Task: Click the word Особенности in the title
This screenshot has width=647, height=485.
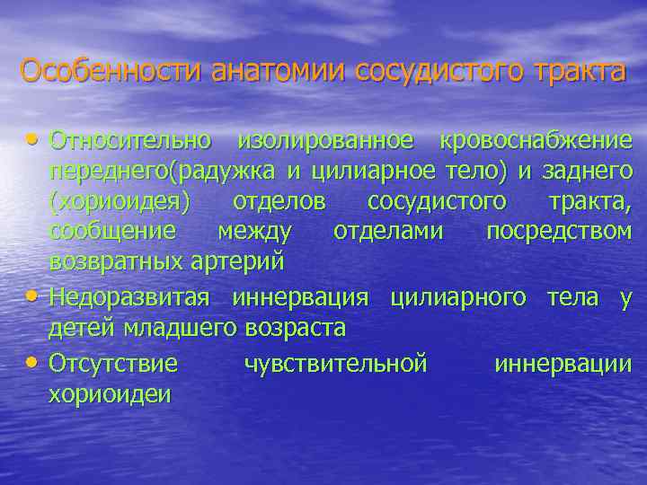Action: coord(112,70)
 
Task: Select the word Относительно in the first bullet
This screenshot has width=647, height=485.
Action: coord(131,140)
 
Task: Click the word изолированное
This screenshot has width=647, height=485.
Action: coord(325,140)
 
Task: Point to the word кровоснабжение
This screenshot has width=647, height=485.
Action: coord(536,140)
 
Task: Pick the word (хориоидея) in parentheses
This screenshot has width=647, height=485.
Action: coord(120,201)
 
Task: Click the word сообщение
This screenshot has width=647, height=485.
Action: coord(113,232)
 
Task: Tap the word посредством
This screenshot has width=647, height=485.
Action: coord(559,232)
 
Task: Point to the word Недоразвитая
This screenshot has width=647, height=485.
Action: coord(129,297)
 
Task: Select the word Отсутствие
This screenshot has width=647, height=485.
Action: coord(113,363)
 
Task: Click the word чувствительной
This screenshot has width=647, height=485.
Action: coord(336,363)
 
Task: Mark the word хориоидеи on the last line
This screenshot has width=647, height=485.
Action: coord(109,394)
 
